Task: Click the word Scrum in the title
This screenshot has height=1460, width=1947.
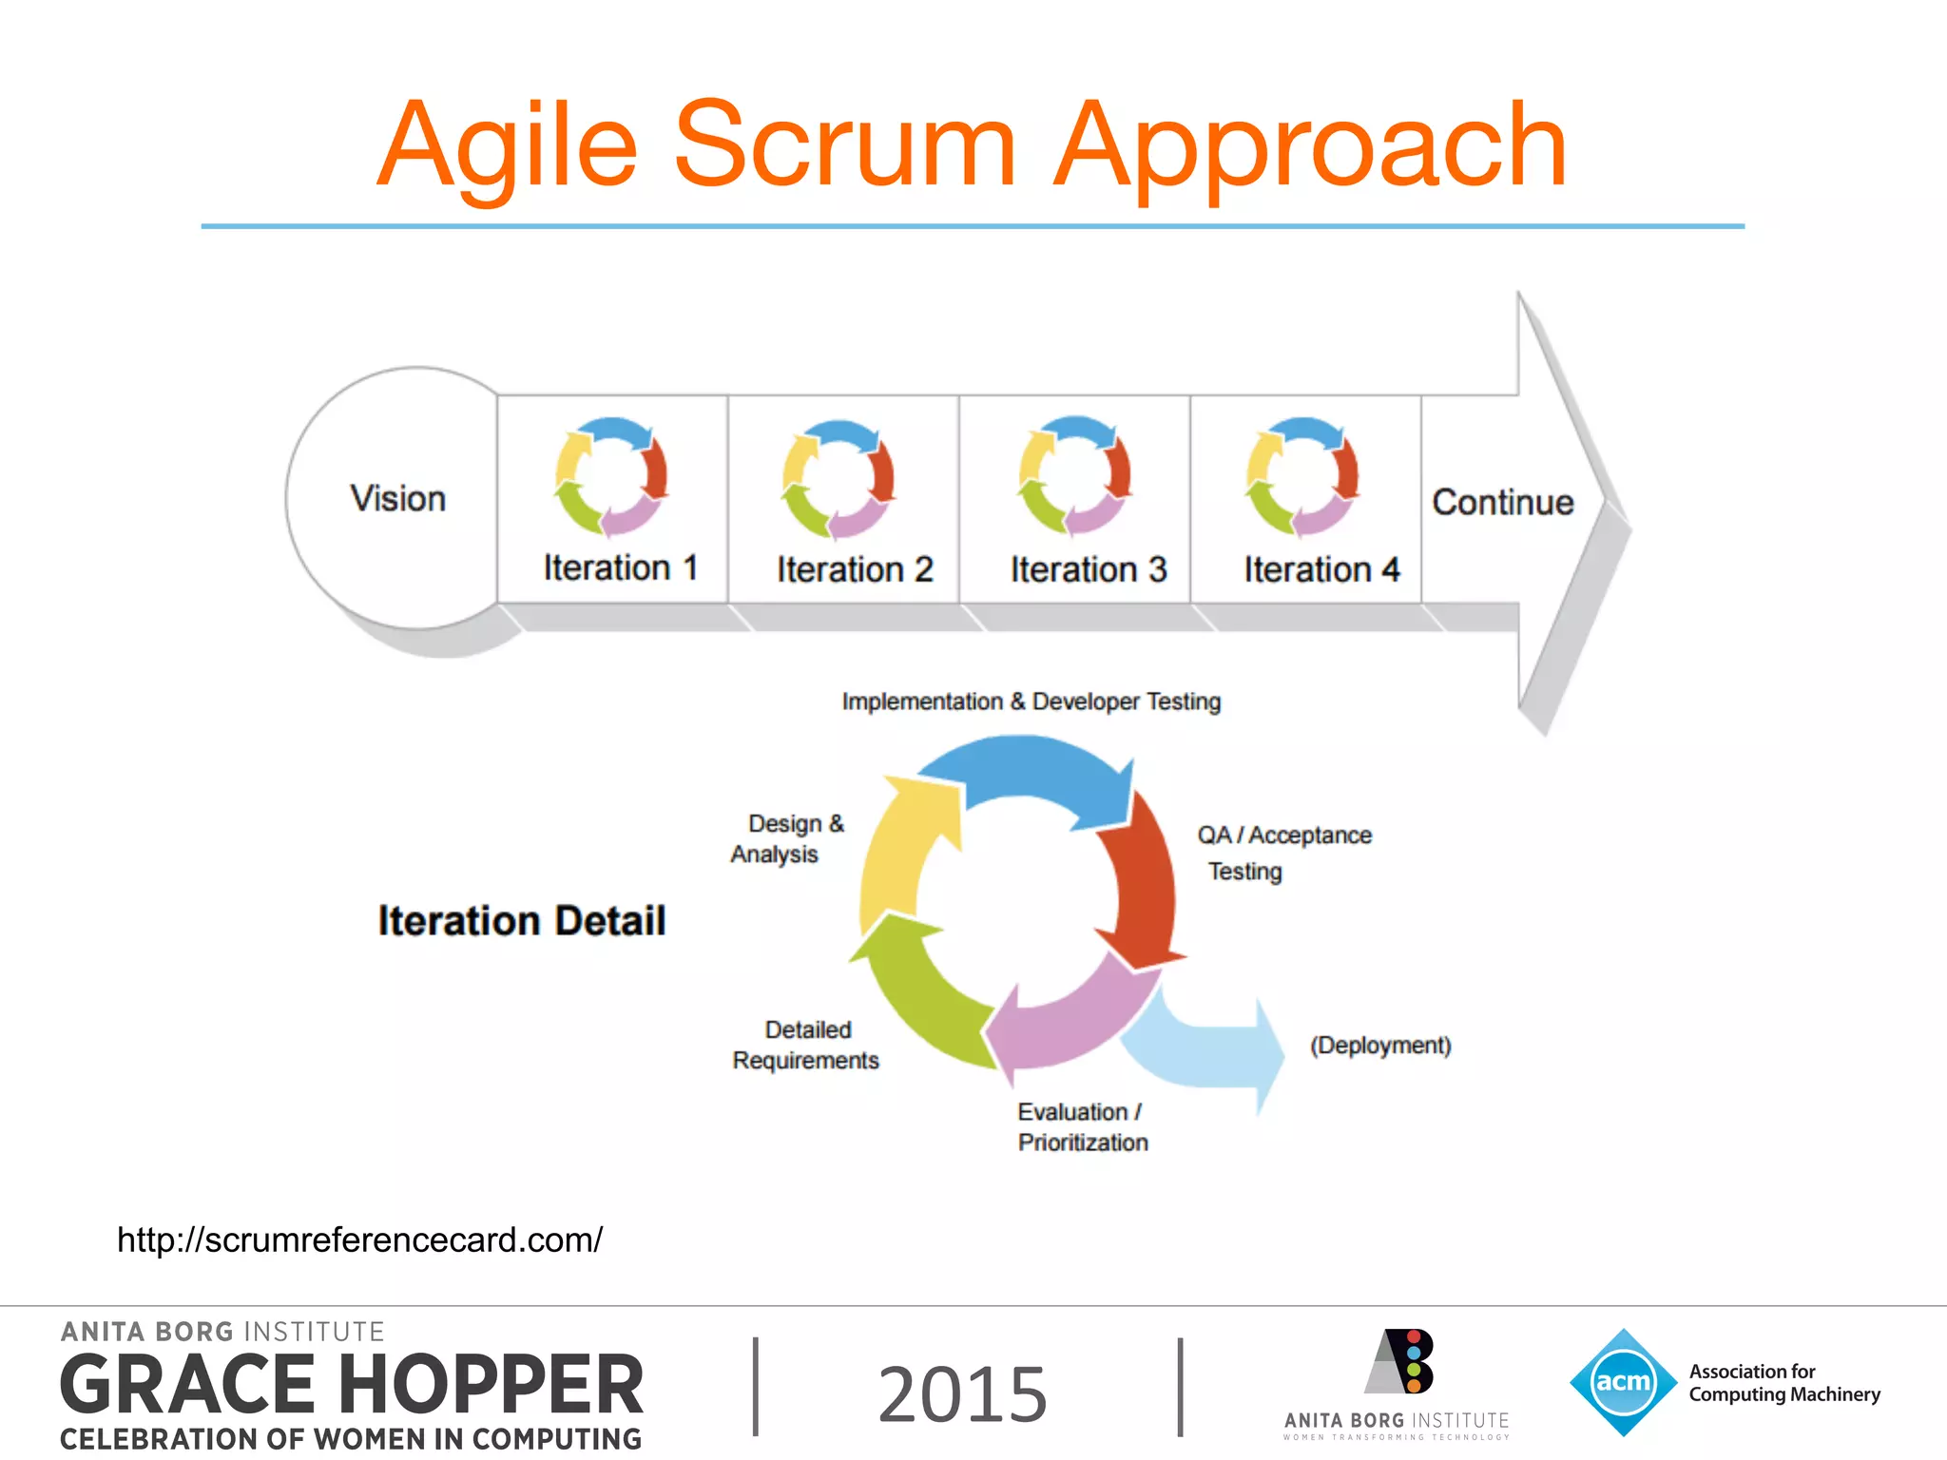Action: pos(845,144)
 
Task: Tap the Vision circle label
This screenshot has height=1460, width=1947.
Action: pos(397,499)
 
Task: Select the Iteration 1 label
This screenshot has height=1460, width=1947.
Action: pos(620,567)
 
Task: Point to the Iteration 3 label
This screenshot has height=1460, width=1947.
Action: pos(1088,569)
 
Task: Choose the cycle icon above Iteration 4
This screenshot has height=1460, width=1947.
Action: pos(1301,475)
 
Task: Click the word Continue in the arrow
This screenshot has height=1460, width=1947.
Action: pos(1502,502)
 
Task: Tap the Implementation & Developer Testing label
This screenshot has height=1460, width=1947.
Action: pos(1031,701)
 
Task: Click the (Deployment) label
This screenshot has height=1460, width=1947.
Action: pos(1380,1046)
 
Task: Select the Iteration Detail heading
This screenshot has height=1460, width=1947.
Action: pos(521,921)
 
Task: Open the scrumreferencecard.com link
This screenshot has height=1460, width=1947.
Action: pos(359,1239)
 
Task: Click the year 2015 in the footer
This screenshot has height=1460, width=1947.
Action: pos(962,1393)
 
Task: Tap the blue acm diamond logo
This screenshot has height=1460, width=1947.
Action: pos(1623,1382)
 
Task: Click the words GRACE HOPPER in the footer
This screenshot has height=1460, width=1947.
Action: pos(352,1385)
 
